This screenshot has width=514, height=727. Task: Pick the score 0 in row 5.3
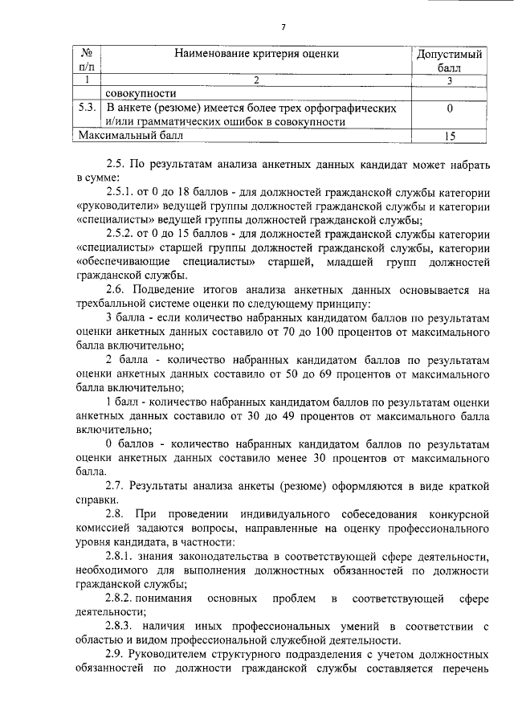tap(451, 108)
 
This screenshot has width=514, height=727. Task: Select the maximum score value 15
tap(451, 137)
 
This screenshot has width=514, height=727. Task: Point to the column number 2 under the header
tap(256, 80)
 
